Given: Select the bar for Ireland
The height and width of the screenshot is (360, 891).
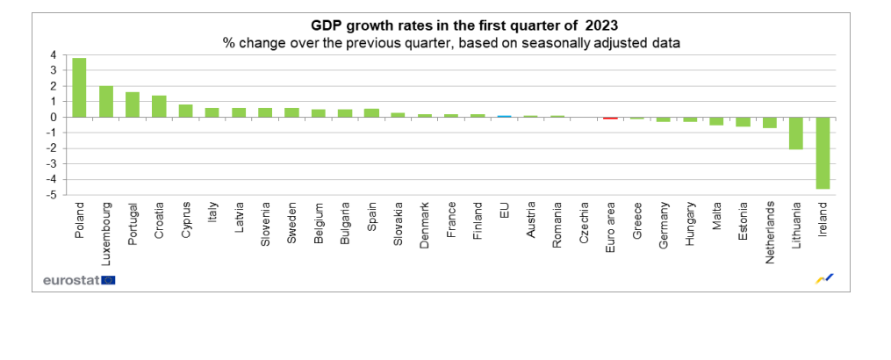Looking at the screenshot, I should click(x=823, y=153).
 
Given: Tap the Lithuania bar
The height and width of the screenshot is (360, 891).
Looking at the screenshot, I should click(x=796, y=133).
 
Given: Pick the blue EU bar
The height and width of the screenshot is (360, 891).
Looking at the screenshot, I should click(x=504, y=116).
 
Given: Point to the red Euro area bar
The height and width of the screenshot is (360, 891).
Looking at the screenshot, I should click(x=610, y=118).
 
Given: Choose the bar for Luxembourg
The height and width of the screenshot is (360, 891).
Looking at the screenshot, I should click(x=106, y=102).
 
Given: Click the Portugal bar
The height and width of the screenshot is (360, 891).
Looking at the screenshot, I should click(x=133, y=104).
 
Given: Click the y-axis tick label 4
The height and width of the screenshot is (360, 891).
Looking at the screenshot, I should click(x=53, y=54).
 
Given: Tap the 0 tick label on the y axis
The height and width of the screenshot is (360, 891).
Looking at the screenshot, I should click(x=53, y=117).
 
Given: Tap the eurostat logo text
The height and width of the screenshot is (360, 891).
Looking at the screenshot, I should click(x=70, y=280).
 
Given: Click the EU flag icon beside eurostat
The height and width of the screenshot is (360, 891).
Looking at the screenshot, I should click(x=108, y=280).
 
